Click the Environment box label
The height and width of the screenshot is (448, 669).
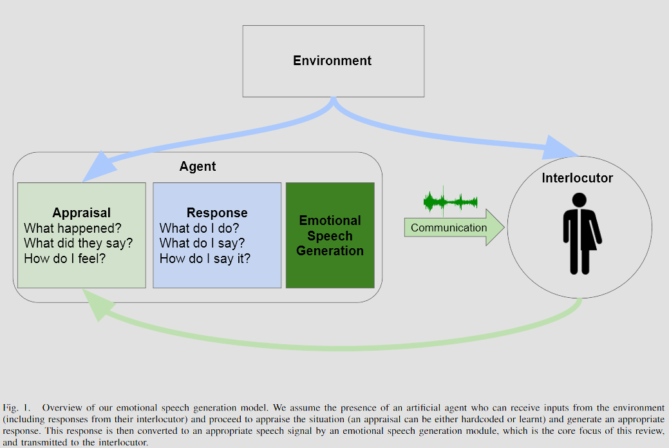click(332, 61)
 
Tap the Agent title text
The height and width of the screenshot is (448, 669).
click(198, 166)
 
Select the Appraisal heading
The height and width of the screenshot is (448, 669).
click(82, 212)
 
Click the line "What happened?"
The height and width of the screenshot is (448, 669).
click(73, 228)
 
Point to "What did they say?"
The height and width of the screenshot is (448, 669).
click(79, 243)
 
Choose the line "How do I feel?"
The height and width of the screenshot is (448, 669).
click(64, 258)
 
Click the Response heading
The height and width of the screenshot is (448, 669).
click(217, 212)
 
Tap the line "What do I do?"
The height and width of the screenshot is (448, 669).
click(199, 228)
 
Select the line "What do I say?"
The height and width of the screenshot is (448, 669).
click(202, 243)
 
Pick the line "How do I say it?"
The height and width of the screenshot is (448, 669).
click(205, 258)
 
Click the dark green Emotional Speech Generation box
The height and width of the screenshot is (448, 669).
click(330, 235)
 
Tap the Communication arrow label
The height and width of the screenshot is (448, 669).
click(449, 228)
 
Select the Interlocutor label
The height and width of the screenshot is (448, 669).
click(578, 178)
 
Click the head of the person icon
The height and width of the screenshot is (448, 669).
click(579, 200)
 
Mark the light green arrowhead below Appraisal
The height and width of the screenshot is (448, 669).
click(98, 304)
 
